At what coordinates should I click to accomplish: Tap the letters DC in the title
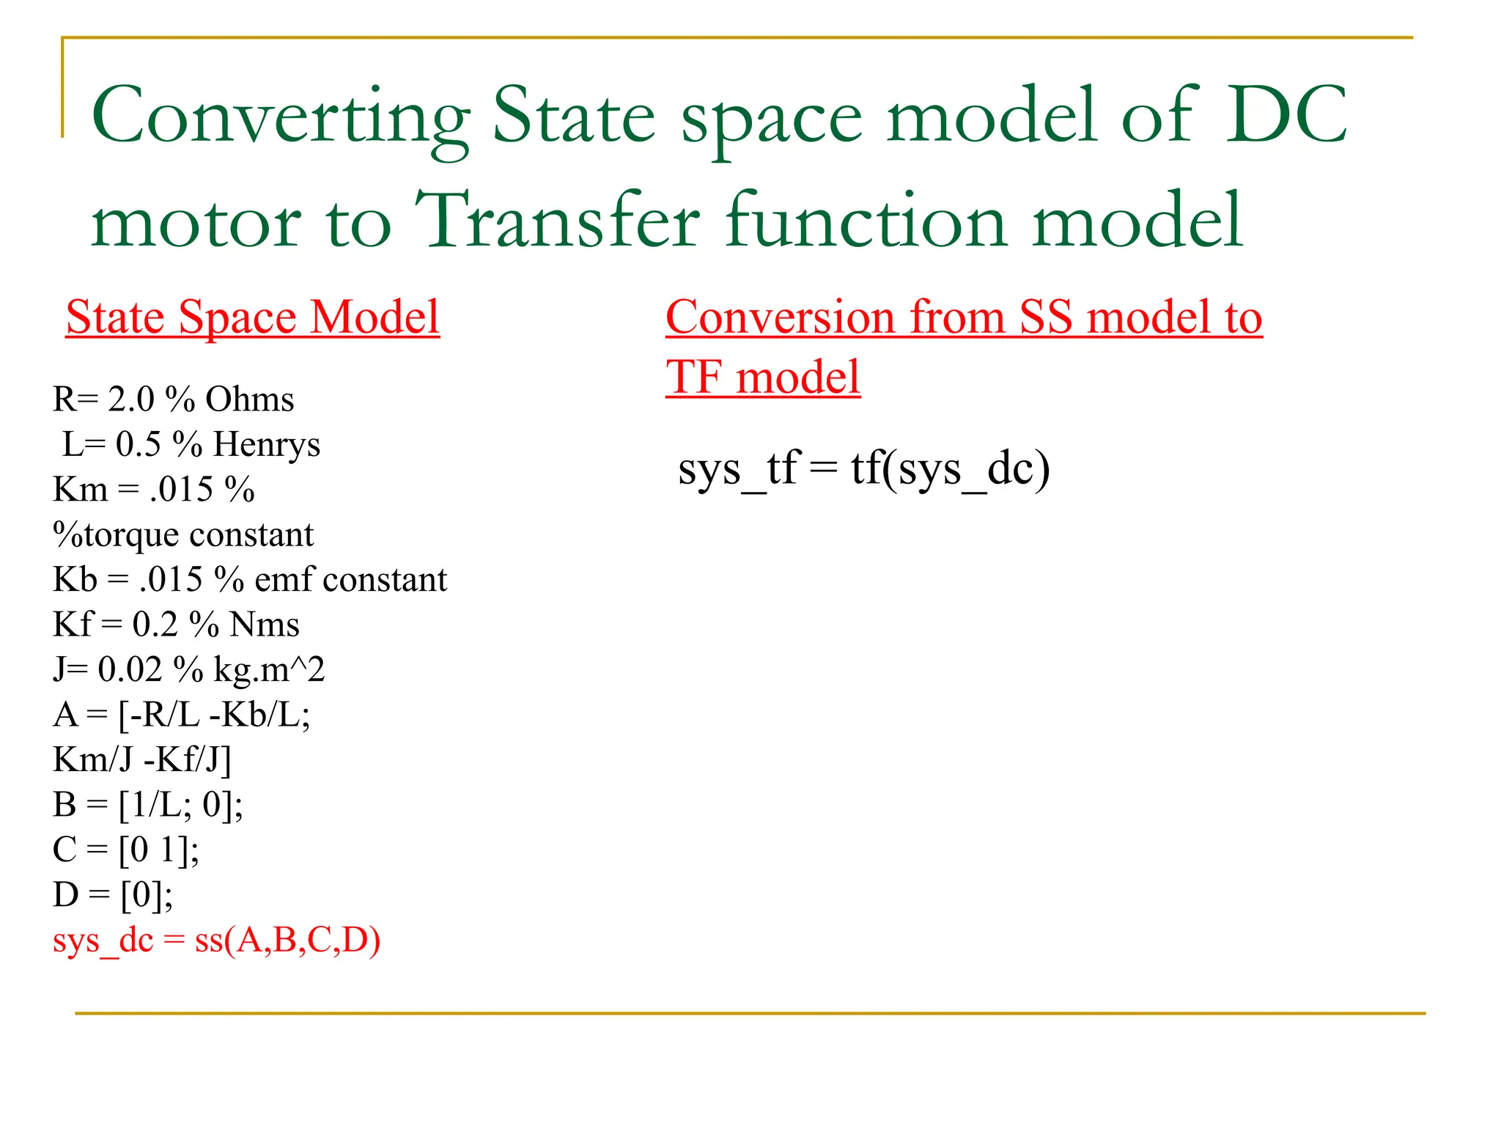tap(1287, 116)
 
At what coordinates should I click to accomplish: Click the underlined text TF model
tap(763, 378)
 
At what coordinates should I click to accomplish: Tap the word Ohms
tap(249, 400)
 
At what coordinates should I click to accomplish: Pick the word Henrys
tap(267, 444)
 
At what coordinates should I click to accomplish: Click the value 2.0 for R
tap(131, 400)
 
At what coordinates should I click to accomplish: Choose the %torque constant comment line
tap(183, 534)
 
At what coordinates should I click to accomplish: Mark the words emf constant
tap(350, 580)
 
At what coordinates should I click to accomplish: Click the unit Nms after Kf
tap(264, 625)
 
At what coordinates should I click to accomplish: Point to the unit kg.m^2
tap(269, 669)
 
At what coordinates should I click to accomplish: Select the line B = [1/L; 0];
tap(148, 804)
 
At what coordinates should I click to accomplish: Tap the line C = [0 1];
tap(126, 850)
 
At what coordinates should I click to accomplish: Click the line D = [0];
tap(113, 894)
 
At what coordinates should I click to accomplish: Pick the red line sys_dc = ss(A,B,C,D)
tap(216, 940)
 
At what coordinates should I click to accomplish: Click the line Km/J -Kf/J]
tap(142, 759)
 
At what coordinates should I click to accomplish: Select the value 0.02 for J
tap(130, 669)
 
